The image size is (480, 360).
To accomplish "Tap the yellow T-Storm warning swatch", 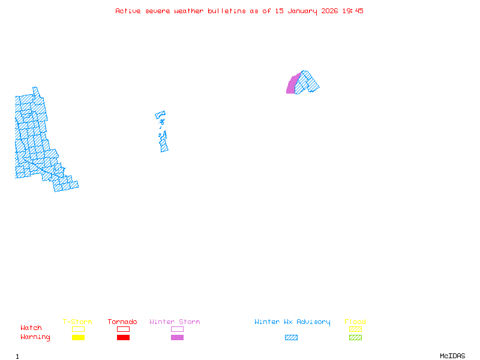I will [78, 338].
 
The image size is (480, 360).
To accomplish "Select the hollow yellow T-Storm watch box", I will [78, 329].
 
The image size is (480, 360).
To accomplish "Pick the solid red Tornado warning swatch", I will [123, 338].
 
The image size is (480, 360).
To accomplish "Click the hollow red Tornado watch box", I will [123, 329].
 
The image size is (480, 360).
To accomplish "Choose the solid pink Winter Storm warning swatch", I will [177, 338].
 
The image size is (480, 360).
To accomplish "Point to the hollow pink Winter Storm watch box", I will [177, 329].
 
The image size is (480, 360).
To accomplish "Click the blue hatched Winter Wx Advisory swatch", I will [291, 338].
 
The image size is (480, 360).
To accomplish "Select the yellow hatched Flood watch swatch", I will [355, 329].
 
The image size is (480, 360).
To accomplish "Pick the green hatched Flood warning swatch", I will [355, 338].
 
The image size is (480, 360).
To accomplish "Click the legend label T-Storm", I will [77, 322].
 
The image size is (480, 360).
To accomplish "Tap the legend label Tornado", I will [122, 322].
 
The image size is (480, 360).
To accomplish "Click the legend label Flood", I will [355, 322].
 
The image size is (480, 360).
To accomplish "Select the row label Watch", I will [31, 328].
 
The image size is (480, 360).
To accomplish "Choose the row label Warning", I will [35, 337].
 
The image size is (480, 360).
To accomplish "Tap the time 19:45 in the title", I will [353, 11].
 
